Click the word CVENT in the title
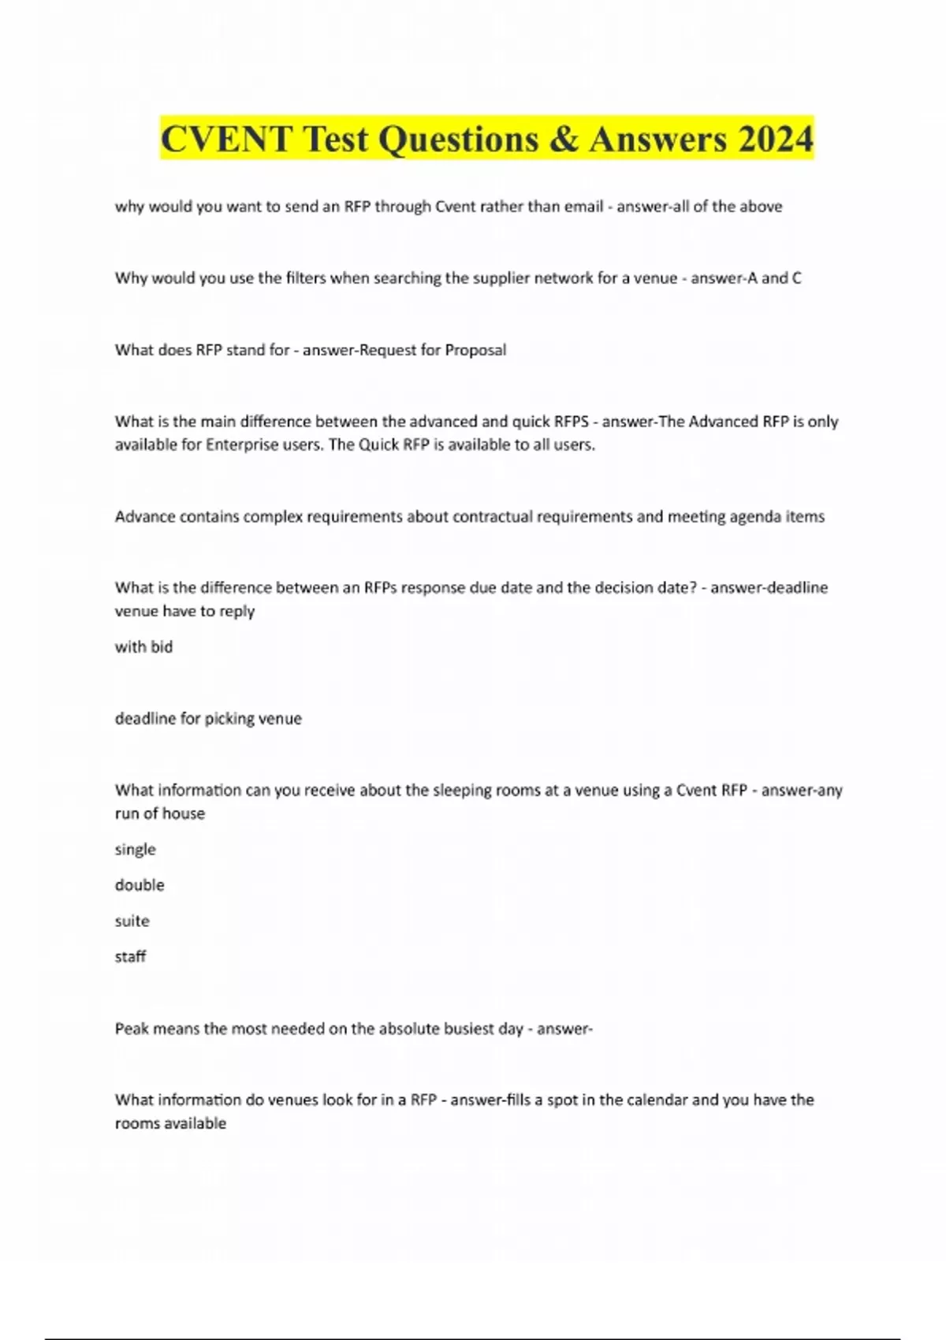[x=226, y=140]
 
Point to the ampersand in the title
[x=563, y=140]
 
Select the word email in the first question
[x=583, y=207]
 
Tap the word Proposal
[x=475, y=350]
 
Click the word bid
[x=162, y=647]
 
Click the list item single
[x=136, y=850]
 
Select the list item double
[x=140, y=885]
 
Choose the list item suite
[x=132, y=921]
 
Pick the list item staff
[x=130, y=957]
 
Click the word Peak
[x=131, y=1029]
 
